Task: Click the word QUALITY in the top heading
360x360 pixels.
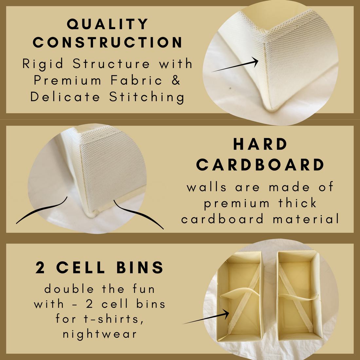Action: tap(107, 24)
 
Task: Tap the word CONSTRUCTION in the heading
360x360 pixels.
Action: tap(107, 42)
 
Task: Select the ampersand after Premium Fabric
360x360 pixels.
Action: tap(176, 80)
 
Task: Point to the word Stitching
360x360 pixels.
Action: tap(147, 97)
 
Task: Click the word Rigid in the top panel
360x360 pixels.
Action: tap(43, 64)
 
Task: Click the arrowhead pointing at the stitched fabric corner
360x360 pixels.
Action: tap(255, 62)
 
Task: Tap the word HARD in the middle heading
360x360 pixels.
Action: tap(260, 144)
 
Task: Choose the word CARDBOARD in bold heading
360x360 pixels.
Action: tap(260, 165)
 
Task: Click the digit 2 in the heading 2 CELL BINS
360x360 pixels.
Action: tap(40, 268)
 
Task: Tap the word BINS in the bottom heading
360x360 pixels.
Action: tap(140, 267)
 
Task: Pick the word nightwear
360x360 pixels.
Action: tap(100, 334)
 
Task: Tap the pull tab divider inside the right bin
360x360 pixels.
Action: tap(298, 297)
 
